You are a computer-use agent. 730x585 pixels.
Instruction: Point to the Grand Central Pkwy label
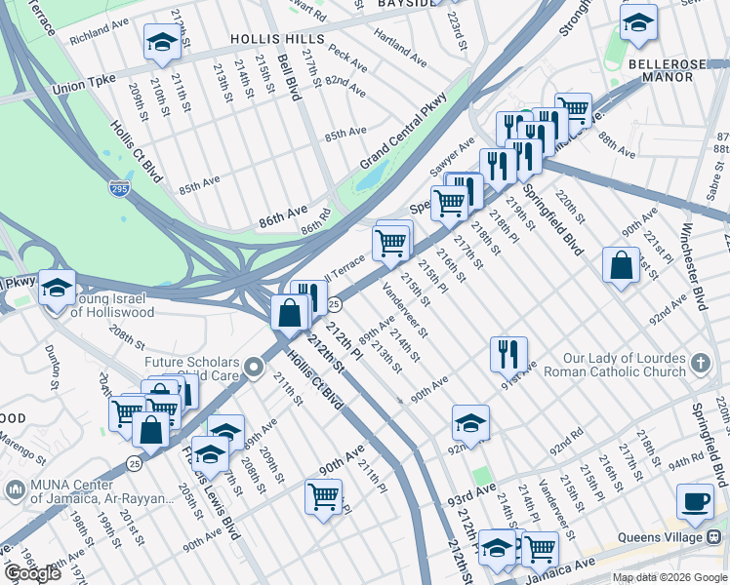click(x=403, y=130)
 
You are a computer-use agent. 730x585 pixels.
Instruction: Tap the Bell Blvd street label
click(x=289, y=77)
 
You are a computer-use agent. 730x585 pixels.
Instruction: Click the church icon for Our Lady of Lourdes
click(x=699, y=366)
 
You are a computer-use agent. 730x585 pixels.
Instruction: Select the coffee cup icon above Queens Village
click(x=695, y=501)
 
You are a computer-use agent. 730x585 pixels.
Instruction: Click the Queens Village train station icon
click(x=714, y=536)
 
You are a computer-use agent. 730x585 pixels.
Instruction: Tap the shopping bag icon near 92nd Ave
click(x=621, y=265)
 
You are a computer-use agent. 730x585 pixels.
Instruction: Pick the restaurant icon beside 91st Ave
click(x=508, y=353)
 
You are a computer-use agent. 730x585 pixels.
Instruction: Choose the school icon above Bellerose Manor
click(x=638, y=23)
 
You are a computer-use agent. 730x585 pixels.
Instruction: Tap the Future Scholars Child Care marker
click(x=254, y=368)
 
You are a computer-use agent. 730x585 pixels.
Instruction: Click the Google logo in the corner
click(x=32, y=573)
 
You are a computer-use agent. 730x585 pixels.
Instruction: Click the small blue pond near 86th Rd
click(x=370, y=177)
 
